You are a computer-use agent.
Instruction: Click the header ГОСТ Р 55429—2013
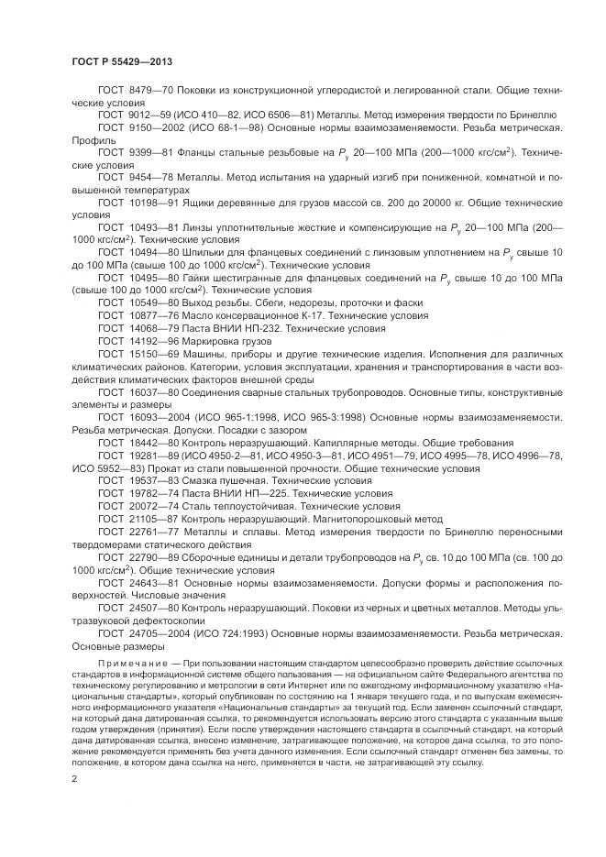tap(122, 61)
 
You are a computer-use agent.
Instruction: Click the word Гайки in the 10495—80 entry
tap(205, 275)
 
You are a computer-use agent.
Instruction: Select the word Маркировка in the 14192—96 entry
tap(218, 339)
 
